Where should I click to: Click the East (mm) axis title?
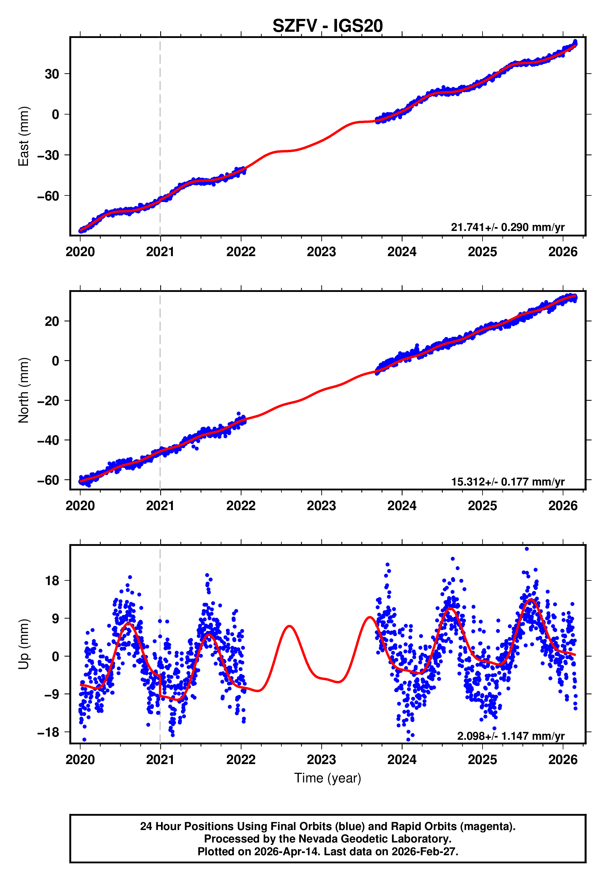[24, 136]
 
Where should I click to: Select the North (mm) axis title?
[24, 390]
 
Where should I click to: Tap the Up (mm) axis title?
[24, 644]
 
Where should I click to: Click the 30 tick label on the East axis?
[52, 74]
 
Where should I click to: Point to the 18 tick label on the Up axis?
[52, 581]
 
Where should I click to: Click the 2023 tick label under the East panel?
[321, 252]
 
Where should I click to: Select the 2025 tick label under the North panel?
[482, 506]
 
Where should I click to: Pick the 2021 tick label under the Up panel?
[160, 760]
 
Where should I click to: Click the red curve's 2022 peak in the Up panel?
[289, 626]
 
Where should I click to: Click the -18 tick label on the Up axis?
[48, 732]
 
